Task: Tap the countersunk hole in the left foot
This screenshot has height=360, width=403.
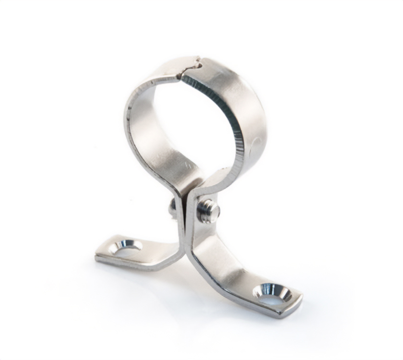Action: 126,247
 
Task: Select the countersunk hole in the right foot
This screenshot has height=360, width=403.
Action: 272,292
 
